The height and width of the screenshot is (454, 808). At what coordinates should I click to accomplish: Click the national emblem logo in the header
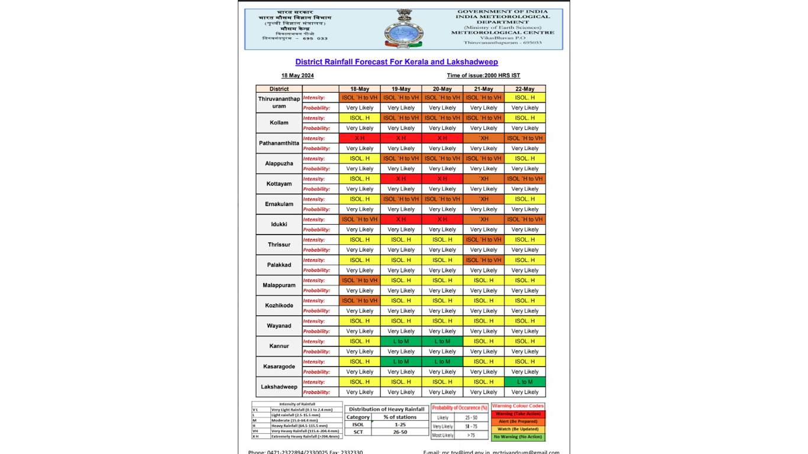(404, 29)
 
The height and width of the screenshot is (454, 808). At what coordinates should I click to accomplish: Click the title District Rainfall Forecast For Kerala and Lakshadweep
(396, 62)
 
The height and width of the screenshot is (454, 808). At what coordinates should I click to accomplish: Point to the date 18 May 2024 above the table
(298, 76)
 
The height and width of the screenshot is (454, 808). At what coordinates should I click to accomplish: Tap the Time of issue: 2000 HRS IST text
(483, 76)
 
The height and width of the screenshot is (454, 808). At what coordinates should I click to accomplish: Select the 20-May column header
(442, 89)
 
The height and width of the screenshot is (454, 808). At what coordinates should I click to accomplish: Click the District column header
(279, 89)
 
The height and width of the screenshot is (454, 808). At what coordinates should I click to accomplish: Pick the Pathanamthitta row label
(279, 143)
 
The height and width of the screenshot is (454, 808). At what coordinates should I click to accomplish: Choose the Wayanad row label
(279, 326)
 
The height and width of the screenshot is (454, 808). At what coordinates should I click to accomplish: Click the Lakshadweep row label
(279, 387)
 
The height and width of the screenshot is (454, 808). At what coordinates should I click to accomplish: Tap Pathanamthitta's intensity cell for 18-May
(360, 138)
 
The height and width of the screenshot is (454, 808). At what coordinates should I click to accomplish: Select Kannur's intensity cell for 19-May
(401, 341)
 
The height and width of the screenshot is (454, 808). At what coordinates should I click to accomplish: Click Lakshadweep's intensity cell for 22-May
(525, 382)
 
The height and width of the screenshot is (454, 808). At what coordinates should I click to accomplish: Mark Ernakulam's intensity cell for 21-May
(483, 199)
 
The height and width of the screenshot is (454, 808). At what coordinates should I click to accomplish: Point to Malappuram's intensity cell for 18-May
(360, 280)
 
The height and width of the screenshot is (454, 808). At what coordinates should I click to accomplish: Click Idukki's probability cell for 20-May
(442, 229)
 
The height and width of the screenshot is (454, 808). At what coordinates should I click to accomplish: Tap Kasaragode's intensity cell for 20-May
(442, 362)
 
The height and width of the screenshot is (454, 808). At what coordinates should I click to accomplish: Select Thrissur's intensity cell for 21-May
(483, 239)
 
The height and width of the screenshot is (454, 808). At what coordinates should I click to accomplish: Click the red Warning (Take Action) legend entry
(518, 414)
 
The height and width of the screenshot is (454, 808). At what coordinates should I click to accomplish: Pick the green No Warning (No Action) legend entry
(518, 437)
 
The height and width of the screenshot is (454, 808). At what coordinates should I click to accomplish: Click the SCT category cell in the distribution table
(358, 432)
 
